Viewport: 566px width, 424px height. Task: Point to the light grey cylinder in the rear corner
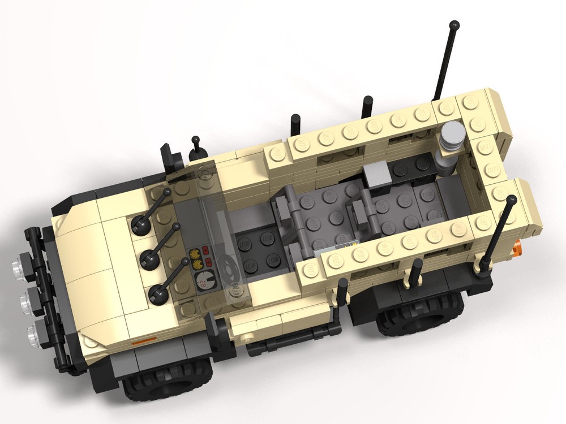tap(451, 139)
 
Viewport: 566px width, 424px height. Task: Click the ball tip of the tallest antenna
tap(454, 25)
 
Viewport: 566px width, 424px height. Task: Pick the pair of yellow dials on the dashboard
tap(196, 258)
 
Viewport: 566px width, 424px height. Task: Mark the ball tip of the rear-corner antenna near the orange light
tap(512, 199)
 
